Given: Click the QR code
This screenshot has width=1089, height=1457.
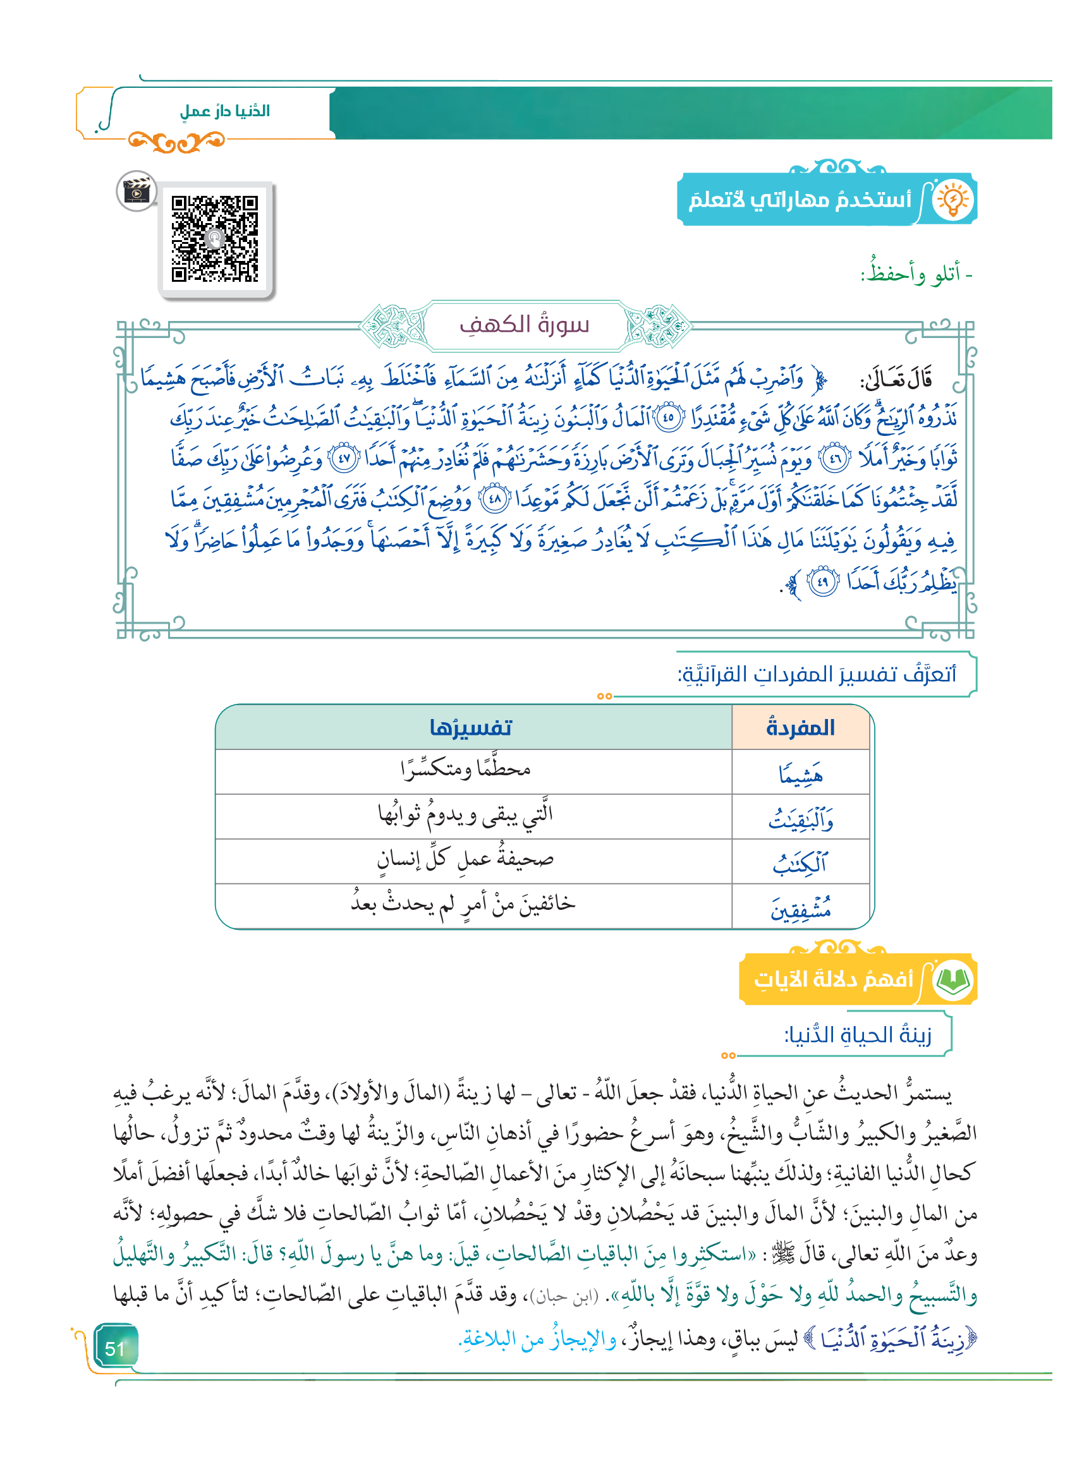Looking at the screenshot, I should pos(214,238).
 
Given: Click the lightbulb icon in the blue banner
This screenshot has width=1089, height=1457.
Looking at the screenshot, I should pos(952,200).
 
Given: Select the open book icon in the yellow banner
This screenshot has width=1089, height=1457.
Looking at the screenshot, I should pos(952,981).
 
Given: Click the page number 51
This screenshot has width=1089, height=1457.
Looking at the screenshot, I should pos(114,1348).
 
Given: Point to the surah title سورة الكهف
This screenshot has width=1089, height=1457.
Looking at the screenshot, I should pos(525,325).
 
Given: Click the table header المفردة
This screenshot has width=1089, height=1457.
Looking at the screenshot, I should pos(800,728).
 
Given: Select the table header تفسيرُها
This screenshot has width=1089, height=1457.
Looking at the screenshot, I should pos(470,728).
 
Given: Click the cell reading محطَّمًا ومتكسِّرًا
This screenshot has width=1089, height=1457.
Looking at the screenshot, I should pos(465,770).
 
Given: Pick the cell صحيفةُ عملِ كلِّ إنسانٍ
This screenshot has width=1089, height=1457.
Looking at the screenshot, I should pos(465,859).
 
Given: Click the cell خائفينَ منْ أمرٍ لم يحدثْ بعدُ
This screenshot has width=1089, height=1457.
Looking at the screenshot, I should pos(463,904).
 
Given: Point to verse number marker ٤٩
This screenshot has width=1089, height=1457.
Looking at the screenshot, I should pos(822,583).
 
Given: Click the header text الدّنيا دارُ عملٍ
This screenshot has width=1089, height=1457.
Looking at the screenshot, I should pos(224,111).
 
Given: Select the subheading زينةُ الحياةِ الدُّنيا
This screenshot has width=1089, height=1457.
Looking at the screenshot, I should pos(858,1036).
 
